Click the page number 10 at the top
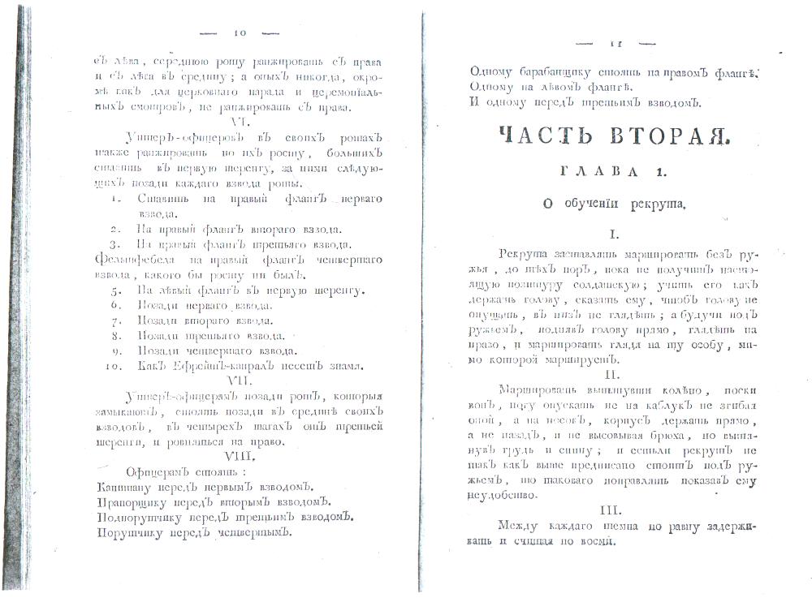pos(240,33)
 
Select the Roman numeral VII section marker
pos(241,379)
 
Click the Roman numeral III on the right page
pos(611,512)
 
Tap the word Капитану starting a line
pos(126,487)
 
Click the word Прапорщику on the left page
pos(132,502)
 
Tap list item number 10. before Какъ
pos(114,366)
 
